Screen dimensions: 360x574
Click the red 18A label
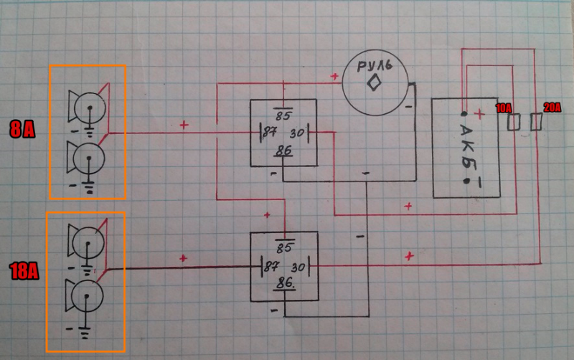[24, 271]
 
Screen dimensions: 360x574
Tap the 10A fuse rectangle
[513, 123]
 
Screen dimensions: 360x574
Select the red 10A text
[504, 108]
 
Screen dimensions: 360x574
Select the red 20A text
[552, 108]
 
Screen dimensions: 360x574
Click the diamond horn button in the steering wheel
[373, 85]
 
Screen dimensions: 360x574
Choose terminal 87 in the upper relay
[270, 133]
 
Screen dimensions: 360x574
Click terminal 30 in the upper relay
[297, 133]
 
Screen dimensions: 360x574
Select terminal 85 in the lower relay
[284, 248]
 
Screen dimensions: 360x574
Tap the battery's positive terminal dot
[465, 115]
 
